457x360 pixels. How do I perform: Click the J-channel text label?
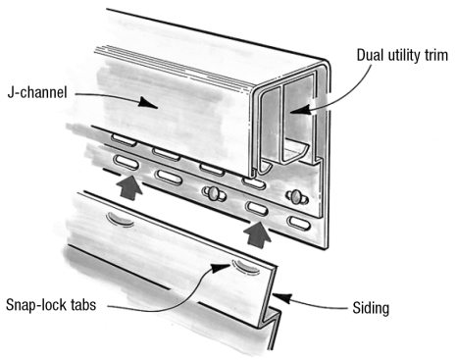pos(37,92)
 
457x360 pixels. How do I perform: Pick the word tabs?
pos(83,304)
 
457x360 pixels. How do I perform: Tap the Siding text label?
pos(371,308)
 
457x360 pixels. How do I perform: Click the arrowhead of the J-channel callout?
pos(148,102)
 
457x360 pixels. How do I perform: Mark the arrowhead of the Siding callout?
pos(281,297)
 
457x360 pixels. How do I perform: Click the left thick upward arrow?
pos(130,186)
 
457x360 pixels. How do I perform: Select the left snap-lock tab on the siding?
pos(121,220)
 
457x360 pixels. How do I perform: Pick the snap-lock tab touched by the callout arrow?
pos(246,266)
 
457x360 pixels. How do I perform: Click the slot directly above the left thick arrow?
pos(126,162)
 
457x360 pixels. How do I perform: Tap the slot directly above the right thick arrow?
pos(258,208)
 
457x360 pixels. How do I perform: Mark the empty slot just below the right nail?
pos(298,222)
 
